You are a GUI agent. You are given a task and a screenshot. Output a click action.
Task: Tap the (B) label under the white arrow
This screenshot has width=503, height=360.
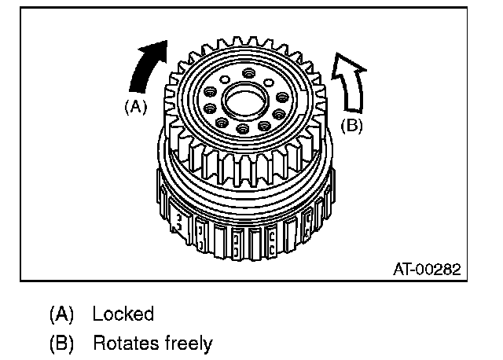351,124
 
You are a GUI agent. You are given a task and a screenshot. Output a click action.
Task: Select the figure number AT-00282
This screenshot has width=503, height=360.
427,269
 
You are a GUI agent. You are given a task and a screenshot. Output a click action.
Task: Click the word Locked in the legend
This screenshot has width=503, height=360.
123,314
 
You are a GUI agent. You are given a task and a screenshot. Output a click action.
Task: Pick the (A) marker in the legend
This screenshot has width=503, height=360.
61,314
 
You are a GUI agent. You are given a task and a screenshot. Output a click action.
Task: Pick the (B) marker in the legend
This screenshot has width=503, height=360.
61,343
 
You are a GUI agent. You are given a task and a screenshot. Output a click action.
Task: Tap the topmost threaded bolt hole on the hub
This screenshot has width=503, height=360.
249,73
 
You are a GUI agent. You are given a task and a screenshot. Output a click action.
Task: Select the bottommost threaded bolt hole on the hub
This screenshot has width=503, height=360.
243,128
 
